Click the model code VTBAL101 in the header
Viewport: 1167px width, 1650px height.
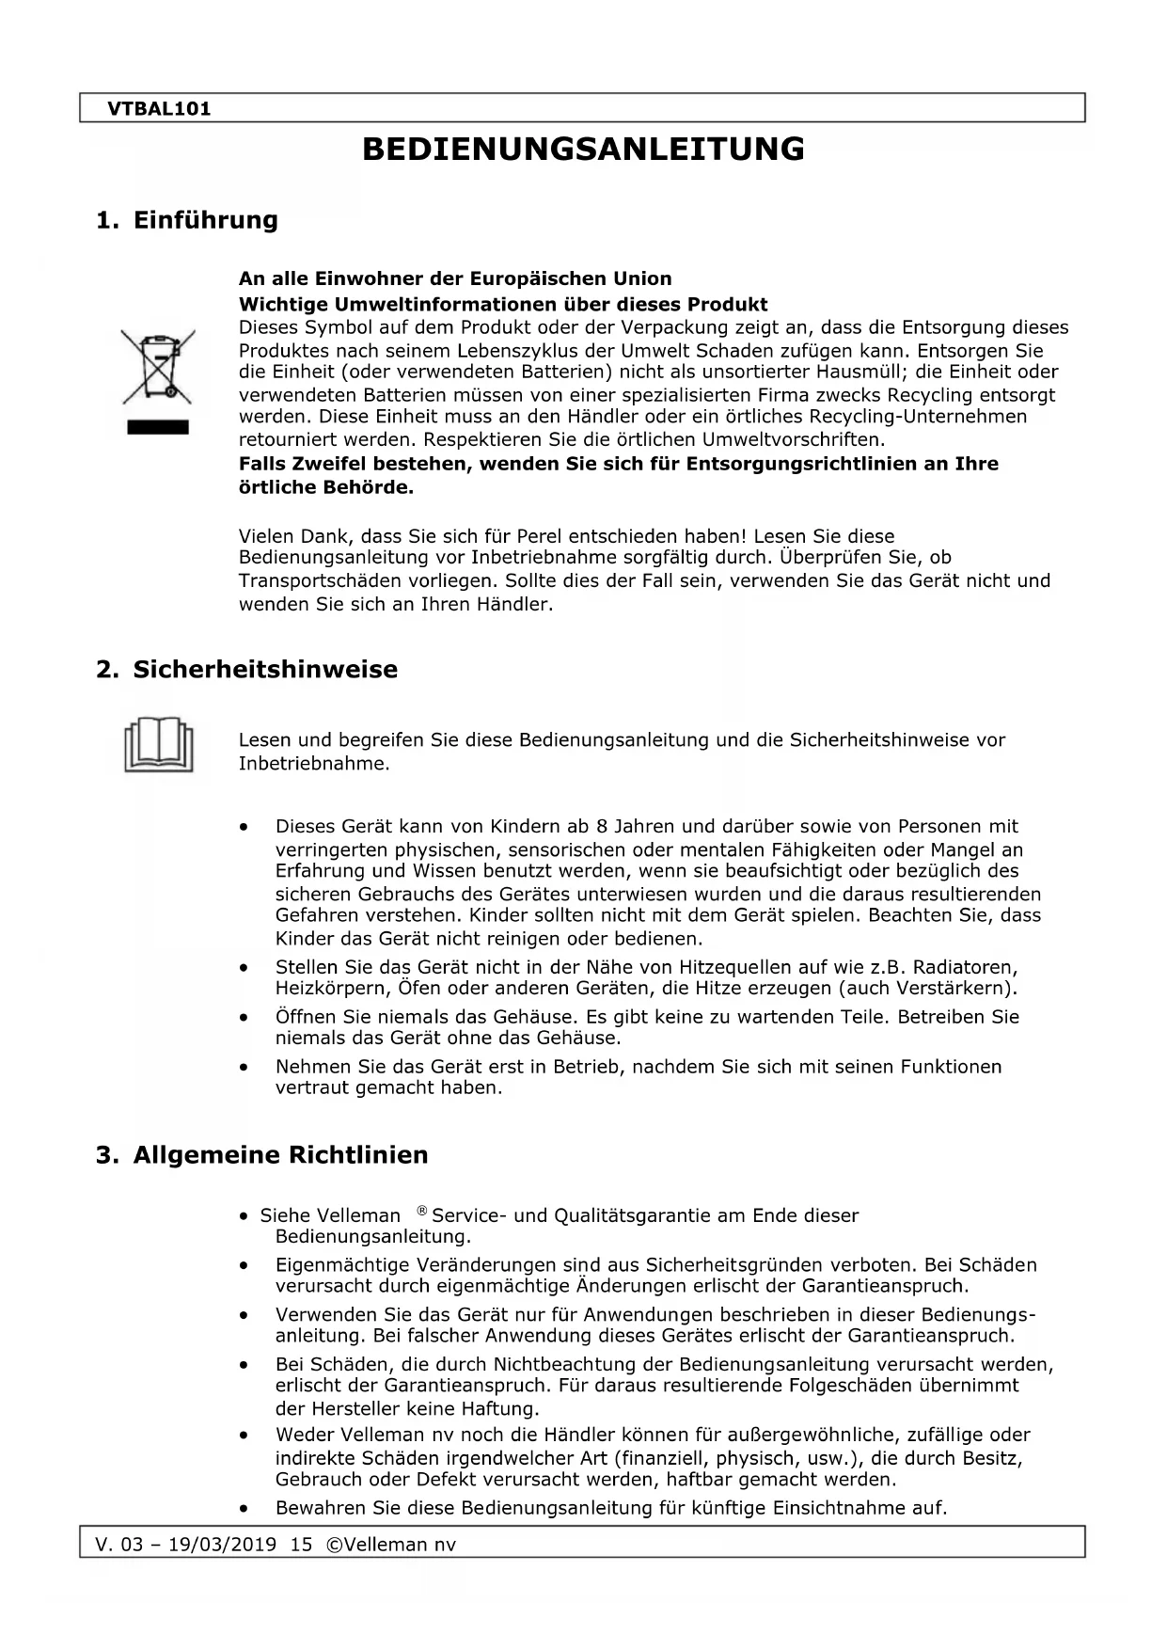pos(159,108)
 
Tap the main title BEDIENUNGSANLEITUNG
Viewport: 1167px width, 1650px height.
pos(583,149)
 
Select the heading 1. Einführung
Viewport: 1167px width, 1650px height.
pos(187,220)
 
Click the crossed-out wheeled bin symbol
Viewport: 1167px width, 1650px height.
pos(157,367)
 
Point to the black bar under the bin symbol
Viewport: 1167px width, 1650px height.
pos(157,428)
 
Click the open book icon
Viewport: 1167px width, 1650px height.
pos(158,744)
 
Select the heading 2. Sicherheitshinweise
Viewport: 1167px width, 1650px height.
pos(246,670)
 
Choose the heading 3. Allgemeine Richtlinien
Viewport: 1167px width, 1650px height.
pos(261,1154)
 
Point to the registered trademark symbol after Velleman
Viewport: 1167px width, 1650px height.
pos(422,1210)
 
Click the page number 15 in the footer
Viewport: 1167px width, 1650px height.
pos(301,1545)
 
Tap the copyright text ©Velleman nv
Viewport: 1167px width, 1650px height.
pos(390,1545)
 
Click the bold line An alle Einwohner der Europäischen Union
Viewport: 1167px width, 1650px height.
pos(455,278)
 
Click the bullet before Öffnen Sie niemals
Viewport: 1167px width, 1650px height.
pos(244,1017)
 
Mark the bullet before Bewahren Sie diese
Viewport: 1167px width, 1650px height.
pos(244,1508)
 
